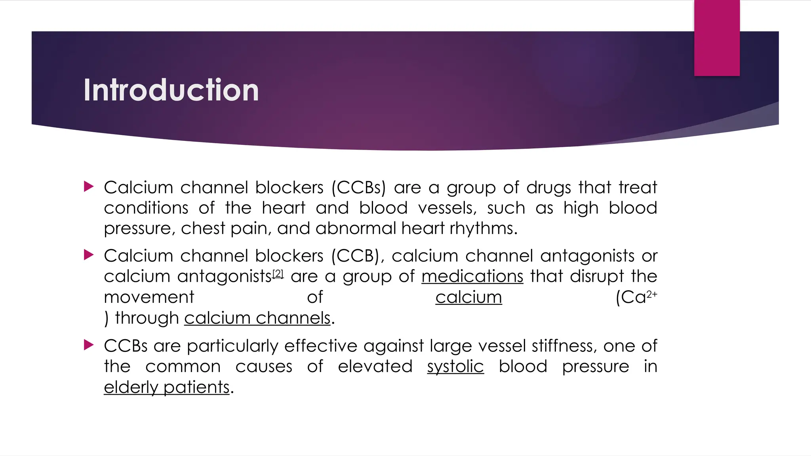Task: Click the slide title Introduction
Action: point(171,90)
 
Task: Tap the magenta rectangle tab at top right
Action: point(717,38)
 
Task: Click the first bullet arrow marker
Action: point(89,186)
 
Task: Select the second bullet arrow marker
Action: point(89,255)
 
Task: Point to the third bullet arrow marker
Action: point(89,345)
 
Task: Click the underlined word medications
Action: point(472,276)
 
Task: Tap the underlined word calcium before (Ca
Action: point(468,297)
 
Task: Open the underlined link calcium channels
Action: point(257,318)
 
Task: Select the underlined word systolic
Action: point(455,367)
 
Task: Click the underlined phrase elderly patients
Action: point(167,387)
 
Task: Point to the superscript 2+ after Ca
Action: point(652,294)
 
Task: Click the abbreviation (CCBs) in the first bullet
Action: point(358,188)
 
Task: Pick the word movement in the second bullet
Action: point(149,297)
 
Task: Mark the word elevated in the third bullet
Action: point(375,367)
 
